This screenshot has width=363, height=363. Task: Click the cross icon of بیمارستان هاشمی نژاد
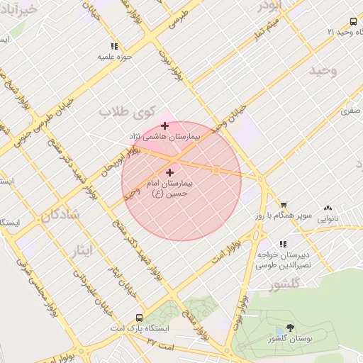coord(165,125)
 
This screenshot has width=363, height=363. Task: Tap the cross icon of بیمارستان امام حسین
coord(169,172)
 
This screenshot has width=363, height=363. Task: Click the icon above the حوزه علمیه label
coord(104,45)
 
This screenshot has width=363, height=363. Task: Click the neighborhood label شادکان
coord(61,214)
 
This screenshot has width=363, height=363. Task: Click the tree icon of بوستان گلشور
coord(289,328)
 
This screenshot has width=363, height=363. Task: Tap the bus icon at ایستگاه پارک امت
coord(140,319)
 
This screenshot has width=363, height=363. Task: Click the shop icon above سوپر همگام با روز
coord(284,204)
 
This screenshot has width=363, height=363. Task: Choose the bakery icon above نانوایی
coord(327,208)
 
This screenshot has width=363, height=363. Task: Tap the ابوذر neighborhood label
coord(271,6)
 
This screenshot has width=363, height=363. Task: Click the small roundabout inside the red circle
coord(216,170)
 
